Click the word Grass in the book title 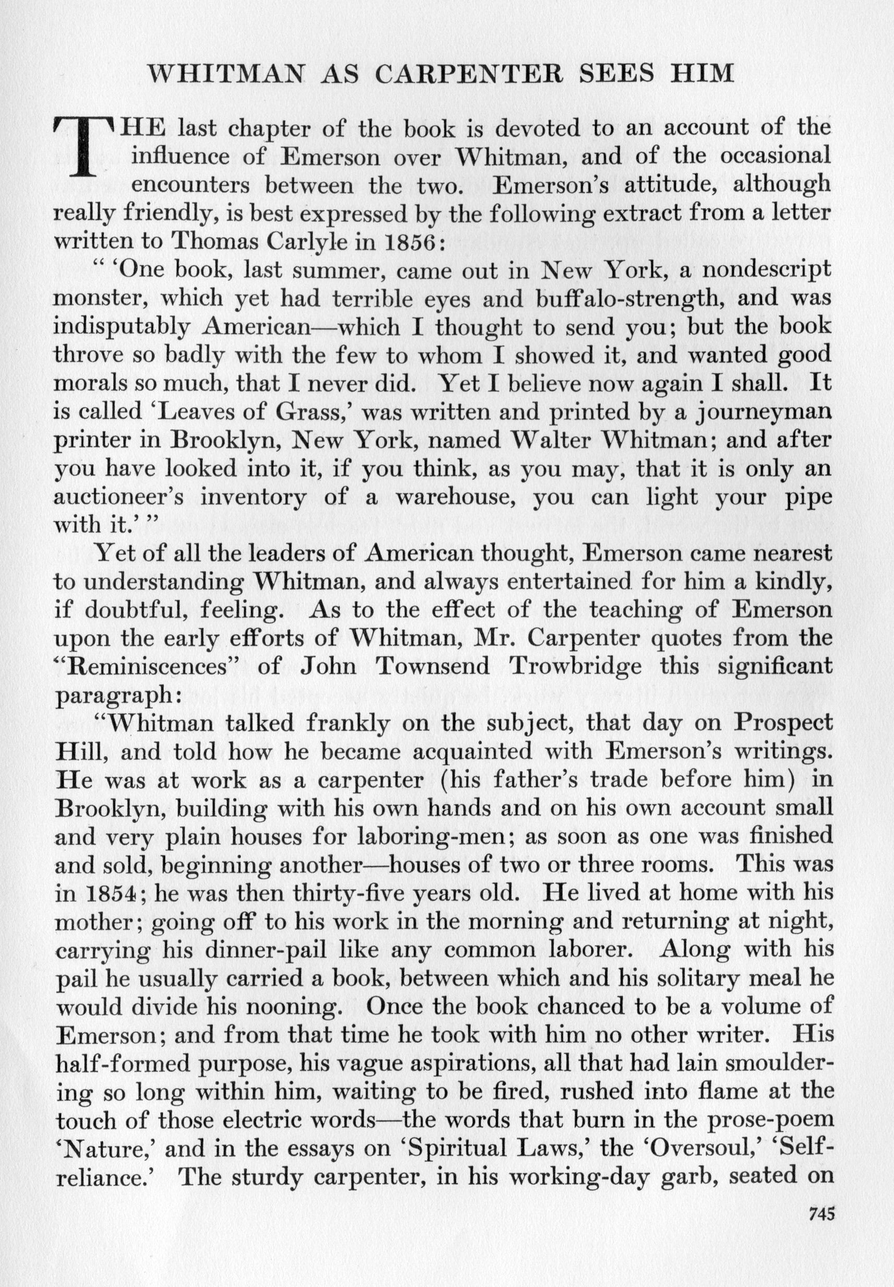coord(307,412)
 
